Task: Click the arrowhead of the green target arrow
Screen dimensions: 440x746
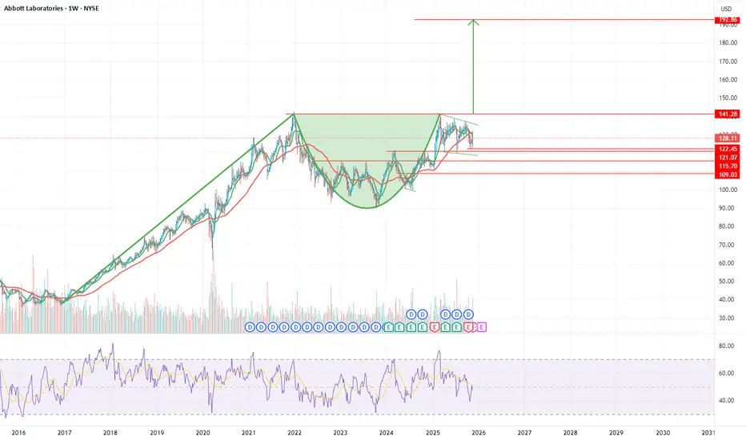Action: (474, 22)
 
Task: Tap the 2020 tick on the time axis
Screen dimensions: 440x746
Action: (203, 432)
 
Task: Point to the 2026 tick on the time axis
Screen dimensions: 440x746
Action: (479, 432)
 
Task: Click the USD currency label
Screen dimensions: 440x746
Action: (726, 9)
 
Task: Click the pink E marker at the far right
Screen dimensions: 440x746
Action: (481, 327)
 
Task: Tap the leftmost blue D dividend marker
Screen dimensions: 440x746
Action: (250, 327)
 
